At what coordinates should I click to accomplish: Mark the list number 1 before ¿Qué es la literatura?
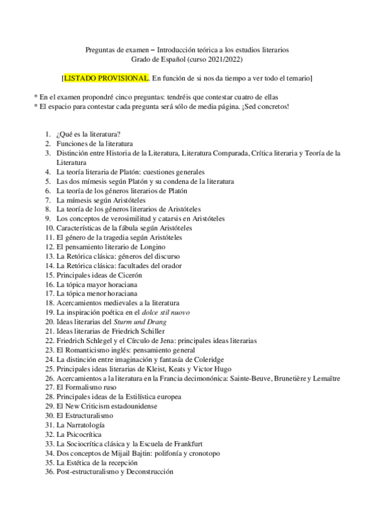coord(47,134)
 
